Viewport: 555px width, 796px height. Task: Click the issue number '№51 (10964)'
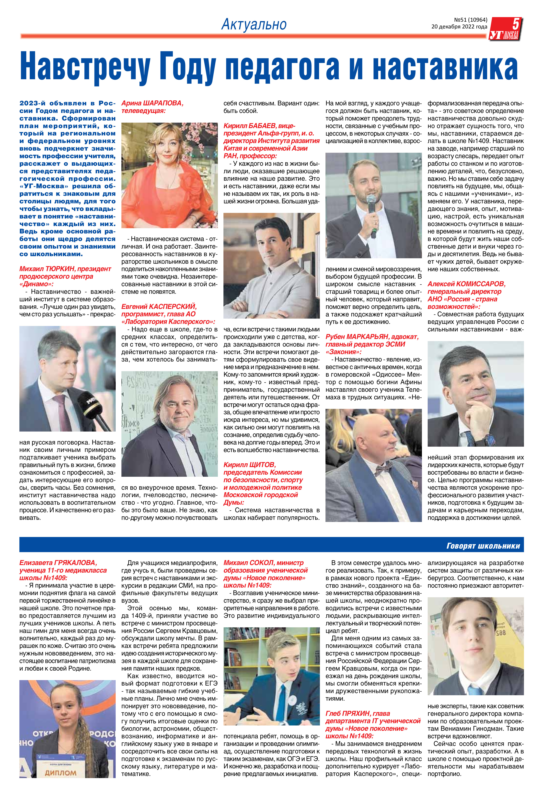[x=470, y=20]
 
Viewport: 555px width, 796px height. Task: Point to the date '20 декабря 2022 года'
[x=459, y=27]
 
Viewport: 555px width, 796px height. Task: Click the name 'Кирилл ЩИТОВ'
[x=249, y=465]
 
